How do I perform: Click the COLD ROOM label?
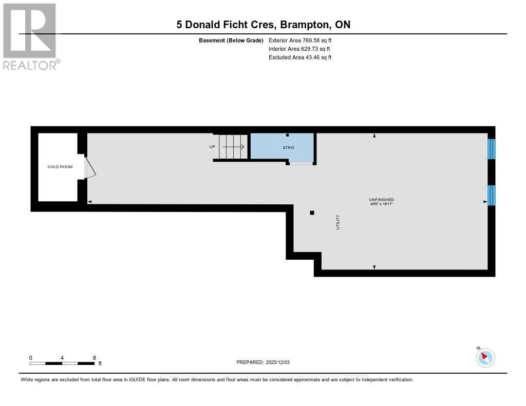pos(60,167)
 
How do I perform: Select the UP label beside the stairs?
pos(212,147)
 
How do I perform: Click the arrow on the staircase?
pos(233,147)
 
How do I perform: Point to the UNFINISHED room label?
pos(381,199)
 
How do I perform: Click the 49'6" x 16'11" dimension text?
pos(381,204)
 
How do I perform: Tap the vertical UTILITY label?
pos(338,222)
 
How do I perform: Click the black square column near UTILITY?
pos(312,212)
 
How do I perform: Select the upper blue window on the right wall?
pos(491,149)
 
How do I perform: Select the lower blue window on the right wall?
pos(491,195)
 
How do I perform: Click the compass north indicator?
pos(485,357)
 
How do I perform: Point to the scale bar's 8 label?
pos(95,357)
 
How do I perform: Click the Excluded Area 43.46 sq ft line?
pos(300,57)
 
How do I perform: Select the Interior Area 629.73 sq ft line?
pos(299,49)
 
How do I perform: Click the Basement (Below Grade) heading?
pos(231,40)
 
